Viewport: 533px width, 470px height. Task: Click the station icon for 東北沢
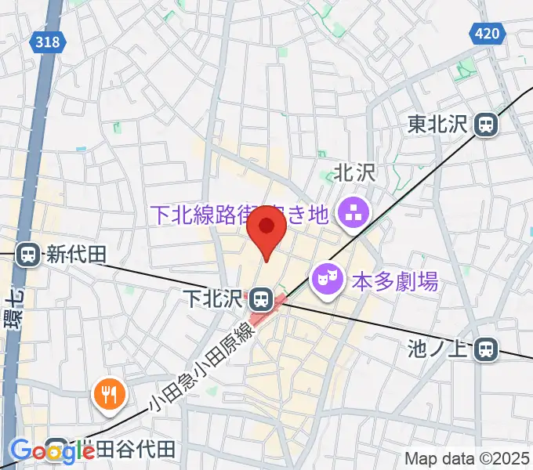(x=488, y=124)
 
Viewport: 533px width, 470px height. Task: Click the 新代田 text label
(x=76, y=255)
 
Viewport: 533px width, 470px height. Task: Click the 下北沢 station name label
(x=225, y=298)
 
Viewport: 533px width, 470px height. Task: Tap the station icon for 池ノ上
(x=488, y=349)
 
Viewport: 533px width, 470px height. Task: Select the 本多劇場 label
(x=384, y=280)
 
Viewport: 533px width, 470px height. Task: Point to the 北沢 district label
(x=355, y=173)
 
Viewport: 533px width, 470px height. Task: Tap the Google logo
(x=51, y=451)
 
